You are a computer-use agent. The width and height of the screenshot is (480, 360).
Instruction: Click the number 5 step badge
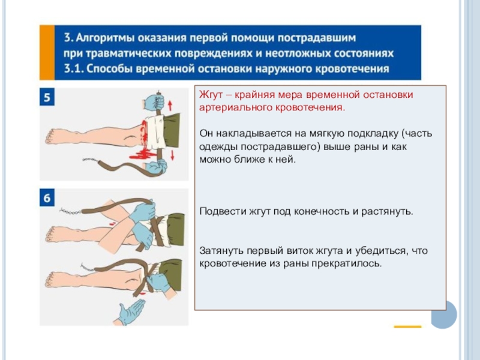(x=47, y=97)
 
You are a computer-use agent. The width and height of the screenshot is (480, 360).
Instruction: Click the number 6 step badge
(x=47, y=197)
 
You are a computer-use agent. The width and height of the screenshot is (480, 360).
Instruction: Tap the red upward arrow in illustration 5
(x=170, y=106)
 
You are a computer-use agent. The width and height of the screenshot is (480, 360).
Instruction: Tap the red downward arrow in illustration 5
(x=172, y=155)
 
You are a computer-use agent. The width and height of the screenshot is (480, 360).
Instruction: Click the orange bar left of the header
(x=47, y=52)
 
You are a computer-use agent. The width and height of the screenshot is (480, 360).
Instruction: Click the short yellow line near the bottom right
(x=407, y=326)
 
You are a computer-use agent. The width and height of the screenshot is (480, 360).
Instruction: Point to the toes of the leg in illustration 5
(x=50, y=136)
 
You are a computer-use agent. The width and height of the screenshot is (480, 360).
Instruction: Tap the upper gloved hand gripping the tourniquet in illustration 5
(x=154, y=103)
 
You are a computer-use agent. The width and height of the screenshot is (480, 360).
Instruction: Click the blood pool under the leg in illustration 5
(x=143, y=155)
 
